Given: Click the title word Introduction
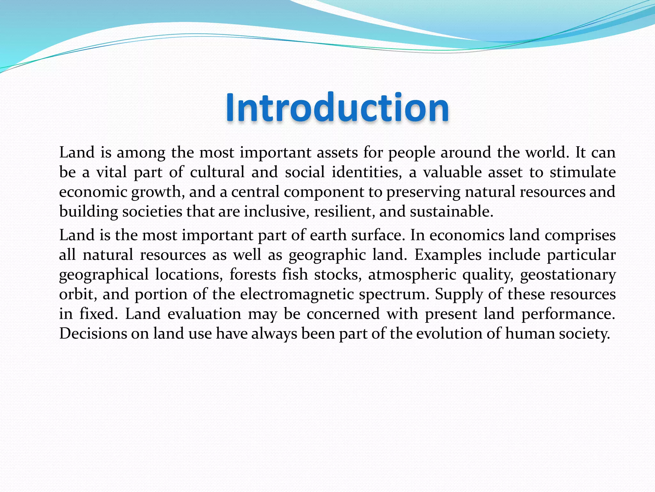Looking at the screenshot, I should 337,108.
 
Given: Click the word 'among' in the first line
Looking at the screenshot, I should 141,152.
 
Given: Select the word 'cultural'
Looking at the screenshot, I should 217,172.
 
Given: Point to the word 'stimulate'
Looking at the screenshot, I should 583,172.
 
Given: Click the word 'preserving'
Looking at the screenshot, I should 423,192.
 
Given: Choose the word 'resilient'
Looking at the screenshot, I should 344,212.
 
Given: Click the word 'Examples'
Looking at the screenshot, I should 448,255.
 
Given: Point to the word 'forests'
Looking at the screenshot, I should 253,275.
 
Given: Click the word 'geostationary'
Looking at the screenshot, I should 568,275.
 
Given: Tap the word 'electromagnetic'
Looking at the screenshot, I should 297,294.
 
